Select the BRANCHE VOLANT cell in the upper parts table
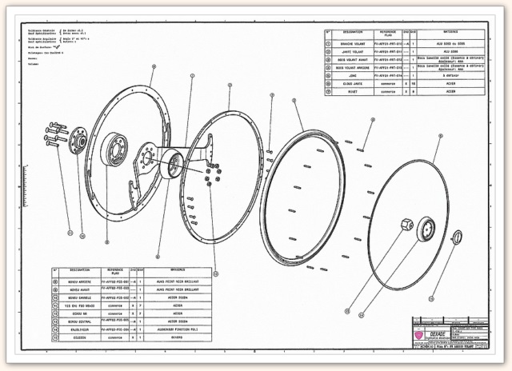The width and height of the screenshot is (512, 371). click(x=354, y=44)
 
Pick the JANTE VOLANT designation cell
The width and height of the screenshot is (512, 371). click(x=354, y=52)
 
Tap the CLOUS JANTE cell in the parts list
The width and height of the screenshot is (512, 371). click(x=354, y=82)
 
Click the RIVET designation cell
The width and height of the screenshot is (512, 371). click(x=354, y=90)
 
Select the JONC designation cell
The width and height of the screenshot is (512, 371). click(x=354, y=75)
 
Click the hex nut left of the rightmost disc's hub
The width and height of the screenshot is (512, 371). click(x=406, y=225)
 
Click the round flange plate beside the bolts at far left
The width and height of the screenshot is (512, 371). click(x=78, y=142)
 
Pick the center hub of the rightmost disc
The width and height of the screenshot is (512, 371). click(x=427, y=230)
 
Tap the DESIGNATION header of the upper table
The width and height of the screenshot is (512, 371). click(x=354, y=34)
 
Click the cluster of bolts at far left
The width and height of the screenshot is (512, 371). click(x=54, y=134)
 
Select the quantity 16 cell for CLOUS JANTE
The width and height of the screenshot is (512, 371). click(x=412, y=82)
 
